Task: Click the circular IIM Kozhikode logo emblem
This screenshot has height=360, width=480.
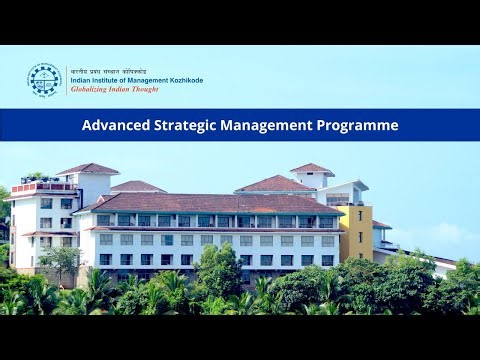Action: pos(44,79)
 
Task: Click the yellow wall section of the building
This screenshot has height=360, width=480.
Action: pos(356,232)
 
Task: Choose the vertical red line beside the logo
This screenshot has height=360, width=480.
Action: pos(66,80)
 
